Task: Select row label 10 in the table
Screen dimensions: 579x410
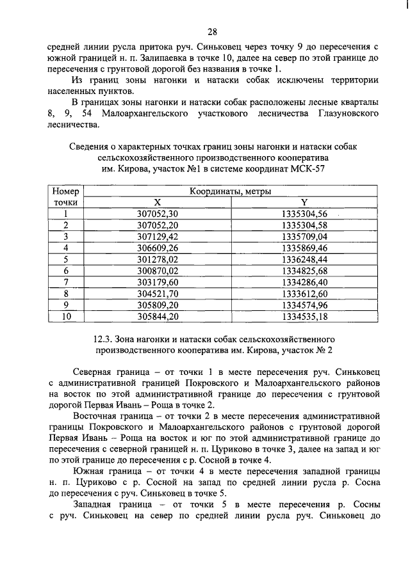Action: tap(65, 316)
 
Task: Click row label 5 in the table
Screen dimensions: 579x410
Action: tap(65, 259)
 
